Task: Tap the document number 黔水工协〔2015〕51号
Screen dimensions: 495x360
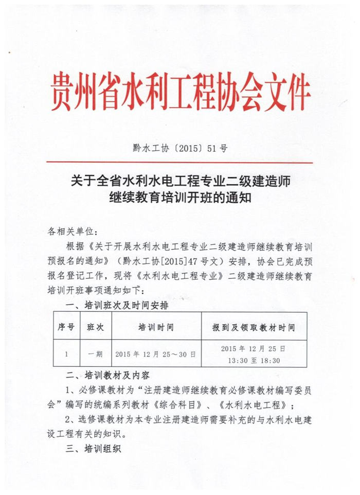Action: tap(180, 149)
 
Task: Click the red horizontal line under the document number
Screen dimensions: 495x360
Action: tap(179, 163)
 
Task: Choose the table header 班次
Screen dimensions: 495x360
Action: tap(96, 327)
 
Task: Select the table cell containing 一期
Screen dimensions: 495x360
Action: tap(96, 354)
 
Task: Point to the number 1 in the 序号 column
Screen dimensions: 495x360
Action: tap(66, 354)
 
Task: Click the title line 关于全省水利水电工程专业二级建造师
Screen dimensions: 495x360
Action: tap(179, 181)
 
